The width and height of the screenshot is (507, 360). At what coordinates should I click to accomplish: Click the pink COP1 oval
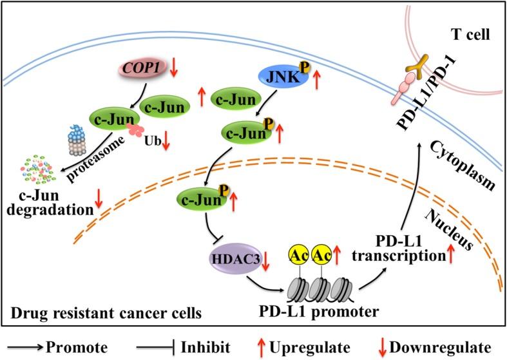[x=143, y=67]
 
